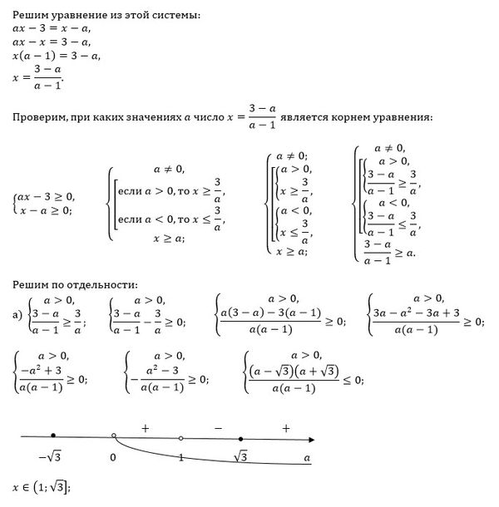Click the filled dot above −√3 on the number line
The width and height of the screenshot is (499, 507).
pos(53,436)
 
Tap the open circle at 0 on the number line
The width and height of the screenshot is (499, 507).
pos(113,436)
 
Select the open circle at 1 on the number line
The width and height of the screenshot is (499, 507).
pos(180,437)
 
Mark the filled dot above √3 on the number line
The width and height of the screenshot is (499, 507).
pos(240,437)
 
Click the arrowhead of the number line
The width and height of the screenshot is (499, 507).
pos(310,438)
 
